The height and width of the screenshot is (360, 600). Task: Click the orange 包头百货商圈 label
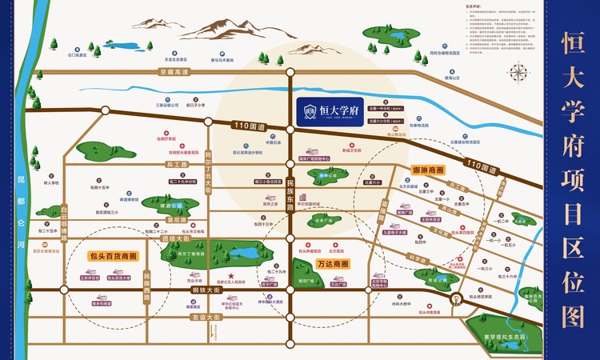tap(111, 257)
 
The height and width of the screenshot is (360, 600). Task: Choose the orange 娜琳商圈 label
tap(428, 170)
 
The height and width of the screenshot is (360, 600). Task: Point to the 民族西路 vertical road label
tap(147, 286)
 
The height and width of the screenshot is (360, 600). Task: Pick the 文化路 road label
tap(439, 232)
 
